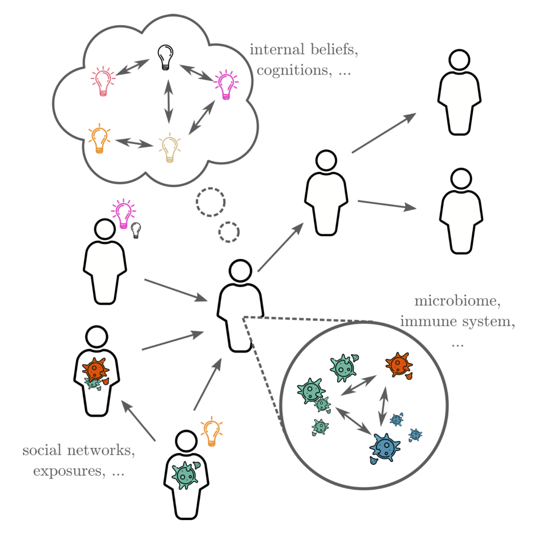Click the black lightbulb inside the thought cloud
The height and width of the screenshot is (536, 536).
point(165,57)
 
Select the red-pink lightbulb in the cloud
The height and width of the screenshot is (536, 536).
point(103,81)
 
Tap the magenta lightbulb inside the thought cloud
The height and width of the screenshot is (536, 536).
point(226,84)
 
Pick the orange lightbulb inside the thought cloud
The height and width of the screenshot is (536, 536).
point(99,139)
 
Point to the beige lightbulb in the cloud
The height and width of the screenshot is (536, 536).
point(169,149)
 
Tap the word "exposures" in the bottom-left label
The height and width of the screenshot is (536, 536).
point(69,471)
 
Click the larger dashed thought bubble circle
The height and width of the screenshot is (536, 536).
point(210,202)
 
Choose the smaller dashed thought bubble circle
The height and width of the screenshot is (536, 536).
point(229,232)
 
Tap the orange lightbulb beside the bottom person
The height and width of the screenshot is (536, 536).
point(212,431)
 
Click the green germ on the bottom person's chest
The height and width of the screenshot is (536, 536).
point(186,475)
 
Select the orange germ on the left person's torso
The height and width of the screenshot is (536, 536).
point(95,369)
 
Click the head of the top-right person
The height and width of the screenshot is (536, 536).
point(459,60)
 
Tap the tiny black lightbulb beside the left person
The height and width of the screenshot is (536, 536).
point(136,230)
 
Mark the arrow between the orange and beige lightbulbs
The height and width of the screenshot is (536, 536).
point(135,142)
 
